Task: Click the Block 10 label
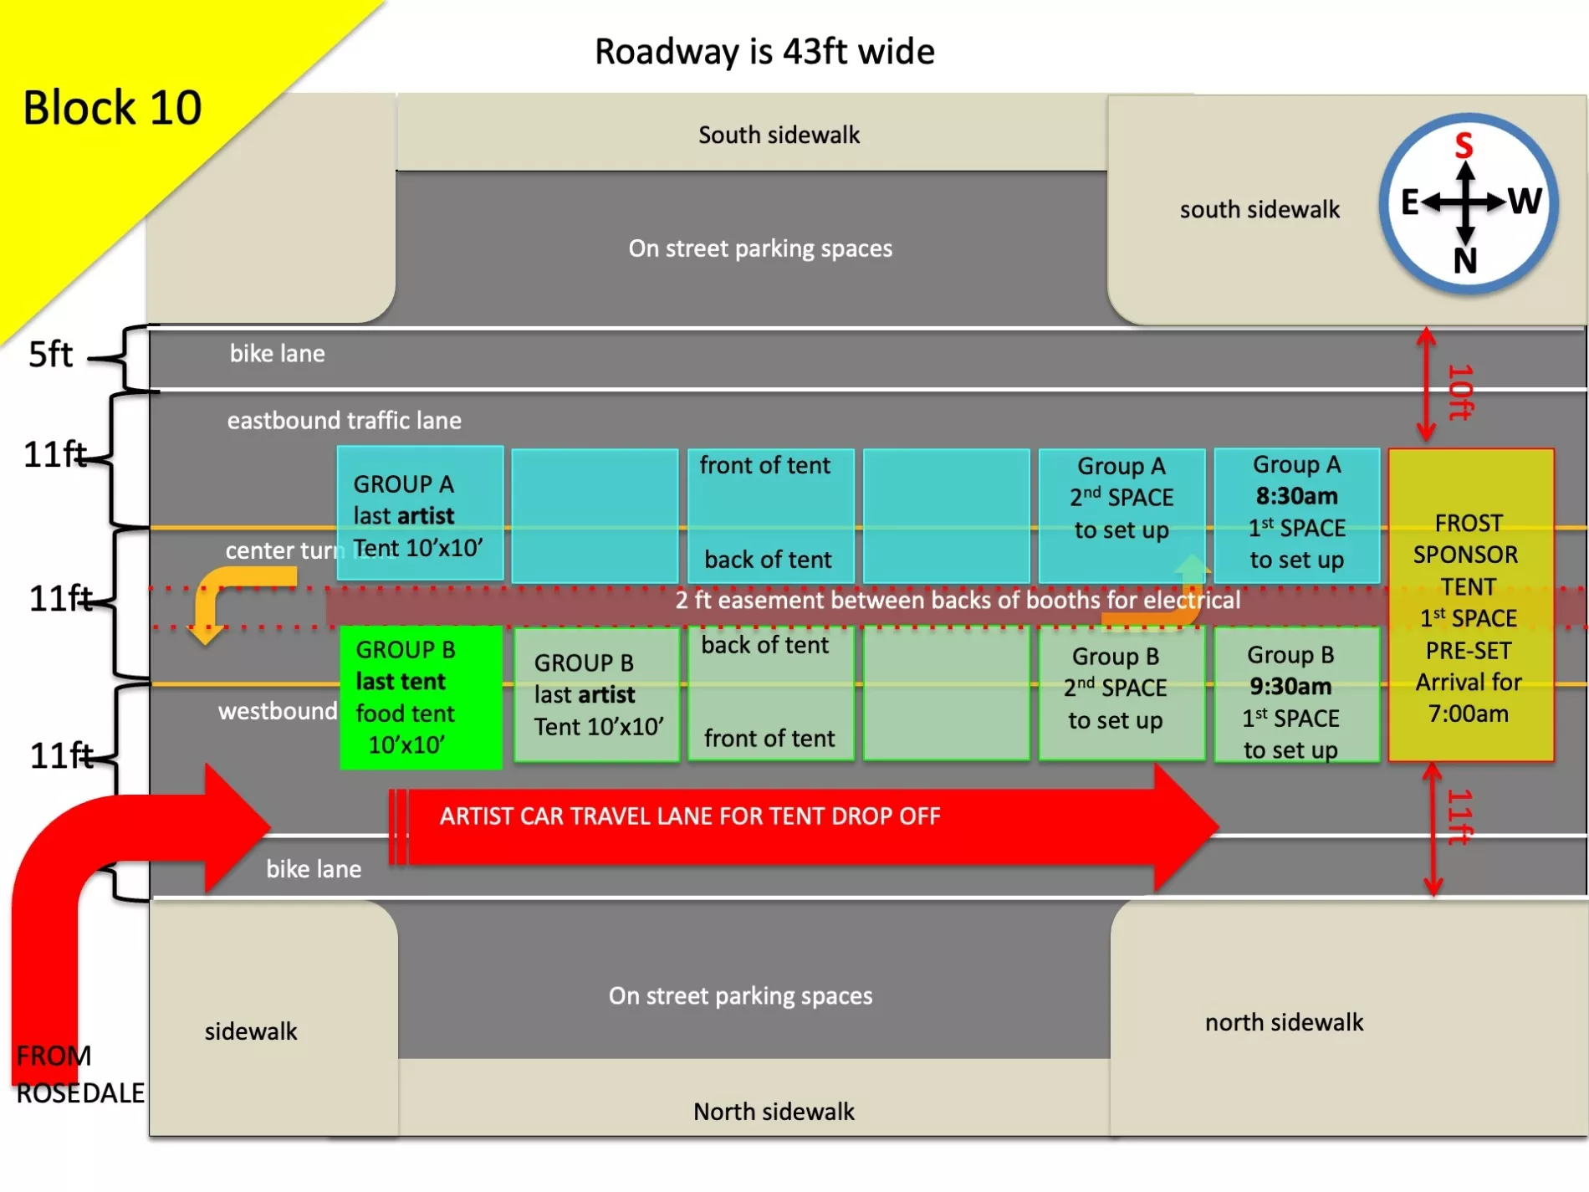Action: (112, 108)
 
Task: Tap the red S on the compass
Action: (1464, 146)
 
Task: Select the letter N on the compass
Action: (1465, 261)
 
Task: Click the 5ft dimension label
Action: (50, 355)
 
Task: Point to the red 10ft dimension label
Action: (1459, 391)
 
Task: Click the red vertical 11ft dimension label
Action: (1459, 816)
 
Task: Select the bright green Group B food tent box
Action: (421, 697)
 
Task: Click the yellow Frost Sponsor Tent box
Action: (1470, 604)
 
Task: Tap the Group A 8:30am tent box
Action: (1296, 515)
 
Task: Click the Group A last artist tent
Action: (420, 513)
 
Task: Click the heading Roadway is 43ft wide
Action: (764, 52)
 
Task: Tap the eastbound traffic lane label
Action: (344, 420)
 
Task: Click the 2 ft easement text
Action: (958, 600)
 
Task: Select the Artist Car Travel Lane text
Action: (690, 816)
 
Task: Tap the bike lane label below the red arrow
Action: (314, 869)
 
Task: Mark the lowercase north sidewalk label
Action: (1284, 1022)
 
